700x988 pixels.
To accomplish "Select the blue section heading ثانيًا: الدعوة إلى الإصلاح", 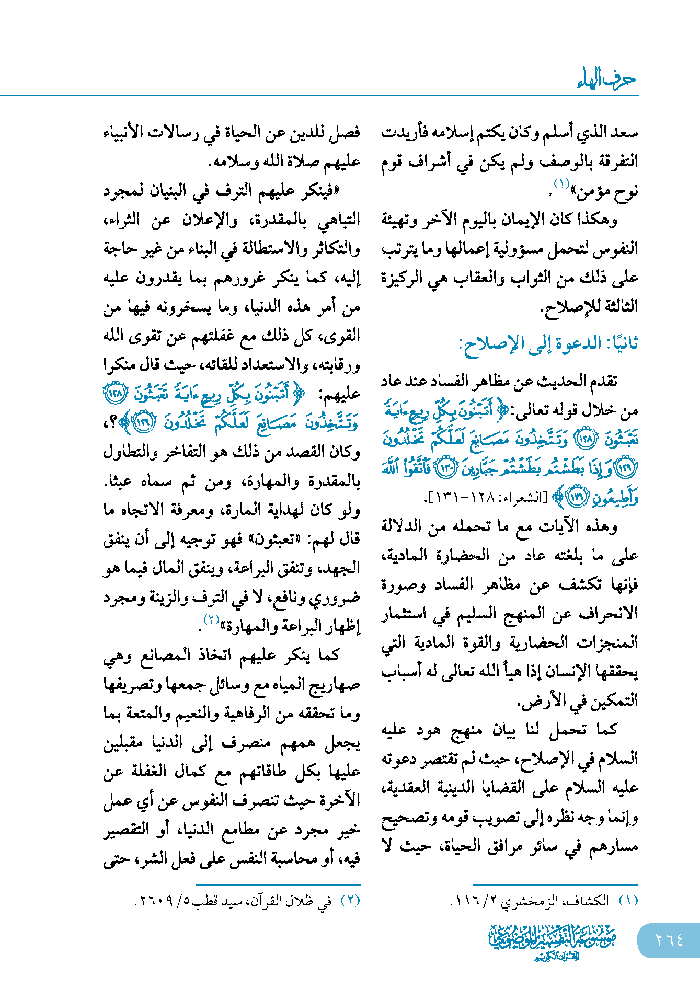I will (548, 344).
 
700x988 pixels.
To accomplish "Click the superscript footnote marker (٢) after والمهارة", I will (211, 620).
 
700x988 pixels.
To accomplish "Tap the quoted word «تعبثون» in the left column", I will (282, 539).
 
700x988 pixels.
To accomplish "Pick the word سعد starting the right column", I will (625, 132).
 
